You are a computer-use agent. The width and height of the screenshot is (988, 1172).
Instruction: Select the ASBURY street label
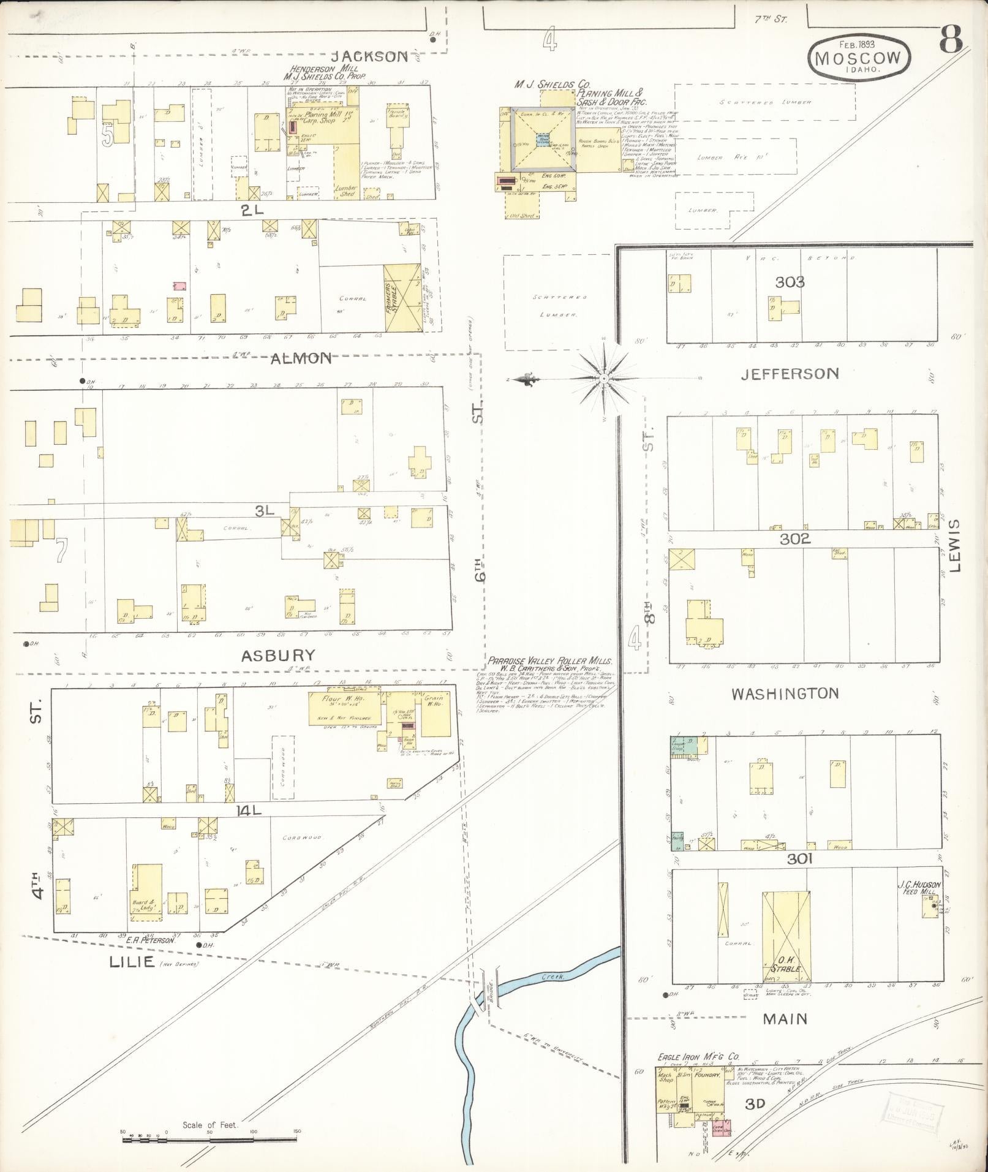[x=277, y=656]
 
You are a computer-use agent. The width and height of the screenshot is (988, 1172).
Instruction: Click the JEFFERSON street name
[x=790, y=373]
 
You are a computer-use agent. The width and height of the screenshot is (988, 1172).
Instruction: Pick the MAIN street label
[x=785, y=1019]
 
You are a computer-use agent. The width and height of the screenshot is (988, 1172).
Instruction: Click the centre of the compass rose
[x=604, y=379]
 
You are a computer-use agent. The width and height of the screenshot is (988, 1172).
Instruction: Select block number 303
[x=790, y=282]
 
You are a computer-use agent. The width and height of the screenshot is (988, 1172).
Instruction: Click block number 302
[x=795, y=539]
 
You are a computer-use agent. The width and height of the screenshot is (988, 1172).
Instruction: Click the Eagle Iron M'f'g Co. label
[x=698, y=1057]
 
